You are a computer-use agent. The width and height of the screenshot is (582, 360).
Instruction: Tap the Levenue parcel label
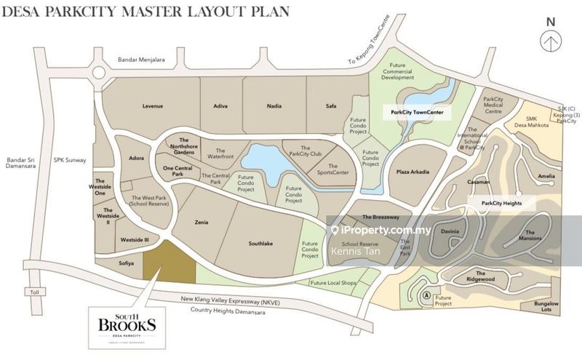152,106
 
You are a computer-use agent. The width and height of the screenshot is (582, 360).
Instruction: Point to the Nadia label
274,106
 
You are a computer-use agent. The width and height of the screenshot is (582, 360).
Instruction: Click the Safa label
331,106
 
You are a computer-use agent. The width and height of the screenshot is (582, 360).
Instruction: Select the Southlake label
260,244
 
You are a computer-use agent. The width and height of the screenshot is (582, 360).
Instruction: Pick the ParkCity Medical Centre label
493,105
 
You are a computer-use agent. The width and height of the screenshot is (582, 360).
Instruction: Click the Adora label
136,158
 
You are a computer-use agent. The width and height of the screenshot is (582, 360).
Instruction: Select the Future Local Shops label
332,283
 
